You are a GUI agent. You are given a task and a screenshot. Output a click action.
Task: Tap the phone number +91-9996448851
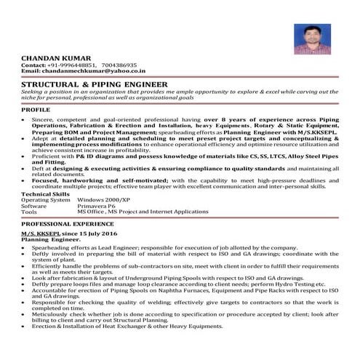(68, 64)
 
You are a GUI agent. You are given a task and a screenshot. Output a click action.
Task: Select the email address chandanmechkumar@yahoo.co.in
(94, 71)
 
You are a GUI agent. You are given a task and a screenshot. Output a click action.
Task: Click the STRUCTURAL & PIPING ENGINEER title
(95, 84)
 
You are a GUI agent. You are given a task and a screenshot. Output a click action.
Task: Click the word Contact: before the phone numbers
(33, 64)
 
